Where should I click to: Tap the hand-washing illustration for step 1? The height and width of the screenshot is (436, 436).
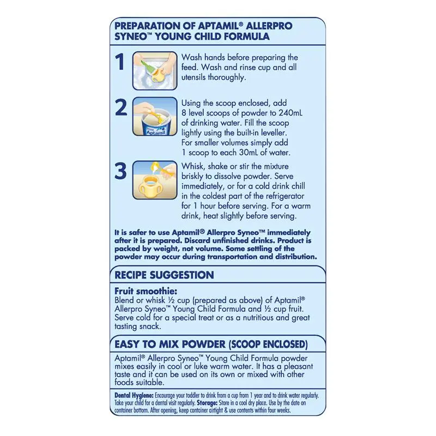(x=155, y=70)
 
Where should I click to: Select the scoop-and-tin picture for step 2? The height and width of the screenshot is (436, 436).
(x=155, y=116)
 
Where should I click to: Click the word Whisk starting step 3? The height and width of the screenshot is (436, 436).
(x=193, y=167)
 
